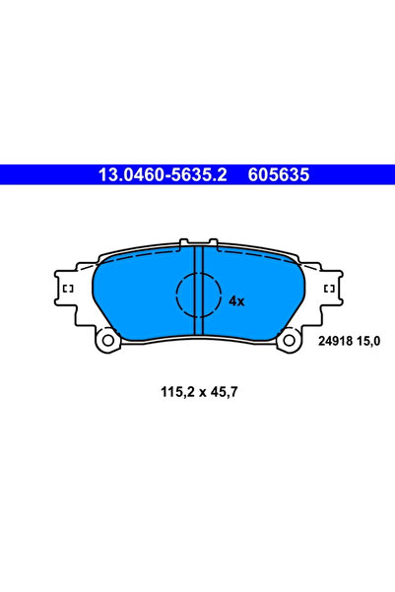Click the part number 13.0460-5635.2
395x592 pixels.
click(163, 174)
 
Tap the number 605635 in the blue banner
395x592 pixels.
click(279, 174)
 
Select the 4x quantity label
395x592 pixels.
click(236, 301)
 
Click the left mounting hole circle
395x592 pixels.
click(108, 340)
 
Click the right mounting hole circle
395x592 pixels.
click(290, 340)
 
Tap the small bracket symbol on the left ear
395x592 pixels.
click(68, 289)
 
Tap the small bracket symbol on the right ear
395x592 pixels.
click(329, 289)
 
